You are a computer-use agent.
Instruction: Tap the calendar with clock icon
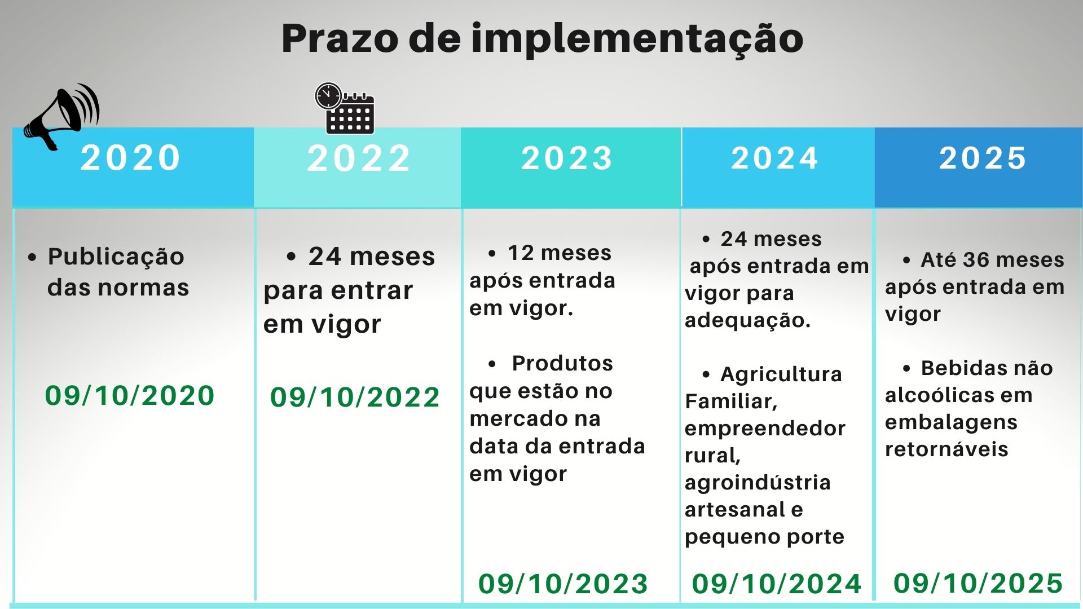click(x=345, y=108)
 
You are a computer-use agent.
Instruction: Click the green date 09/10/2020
click(x=130, y=395)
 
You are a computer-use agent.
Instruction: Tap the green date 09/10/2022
click(x=355, y=398)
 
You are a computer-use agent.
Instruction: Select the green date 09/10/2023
click(x=563, y=584)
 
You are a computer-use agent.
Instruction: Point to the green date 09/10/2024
click(x=777, y=584)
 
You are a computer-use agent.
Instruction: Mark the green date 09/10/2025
click(x=978, y=583)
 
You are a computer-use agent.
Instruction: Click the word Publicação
click(x=116, y=257)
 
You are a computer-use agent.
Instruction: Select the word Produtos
click(x=562, y=363)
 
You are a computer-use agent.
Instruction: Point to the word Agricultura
click(x=781, y=374)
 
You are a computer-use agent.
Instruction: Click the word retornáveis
click(x=946, y=449)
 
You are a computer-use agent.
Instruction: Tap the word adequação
click(x=747, y=320)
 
